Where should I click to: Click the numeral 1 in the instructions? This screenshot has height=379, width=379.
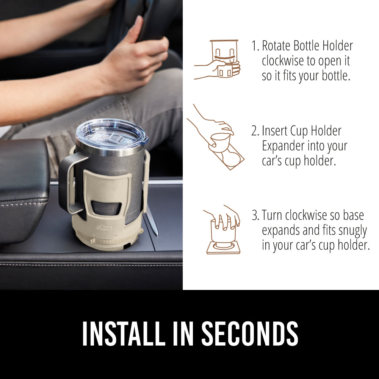255,46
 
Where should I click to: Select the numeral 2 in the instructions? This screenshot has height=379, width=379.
255,131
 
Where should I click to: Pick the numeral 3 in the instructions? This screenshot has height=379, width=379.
255,215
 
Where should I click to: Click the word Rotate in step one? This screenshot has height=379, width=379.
276,46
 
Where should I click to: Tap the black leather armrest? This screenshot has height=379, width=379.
23,178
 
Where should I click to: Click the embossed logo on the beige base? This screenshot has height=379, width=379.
104,226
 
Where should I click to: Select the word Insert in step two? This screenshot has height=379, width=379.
274,131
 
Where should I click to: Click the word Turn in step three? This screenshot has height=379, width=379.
273,215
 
